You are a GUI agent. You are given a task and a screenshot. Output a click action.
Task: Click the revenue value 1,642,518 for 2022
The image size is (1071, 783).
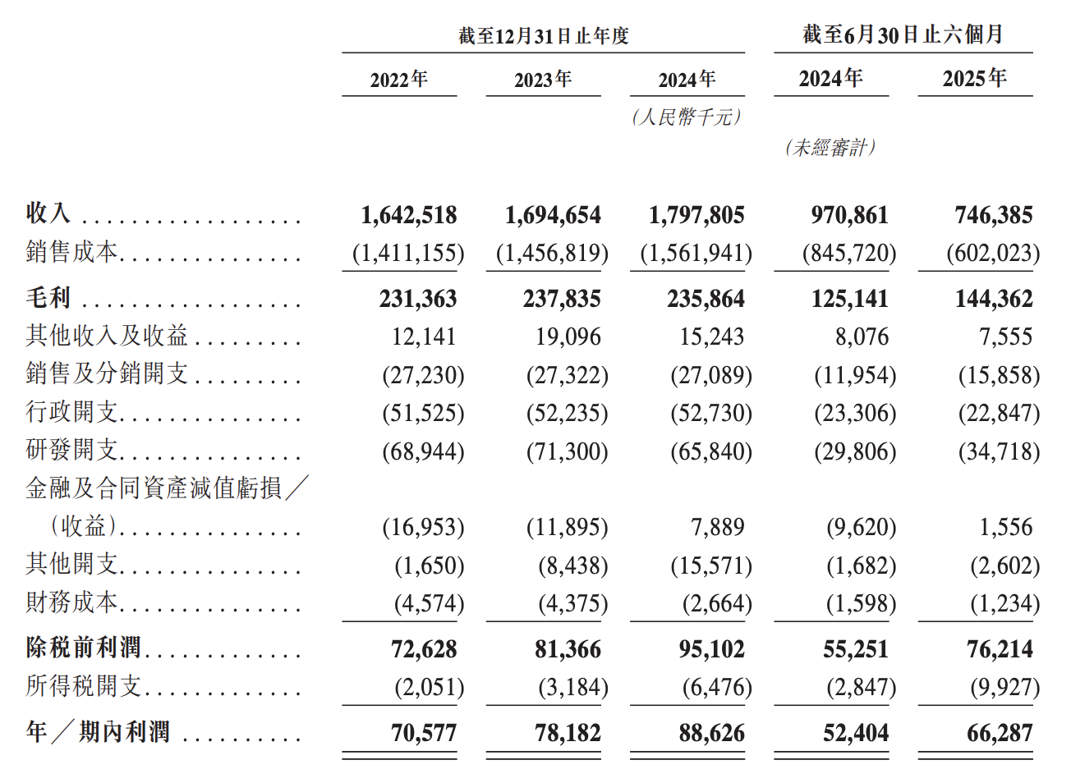pos(408,215)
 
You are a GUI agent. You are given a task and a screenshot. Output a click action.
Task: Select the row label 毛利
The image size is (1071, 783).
pos(48,298)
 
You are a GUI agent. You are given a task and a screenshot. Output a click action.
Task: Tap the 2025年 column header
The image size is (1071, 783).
pos(974,79)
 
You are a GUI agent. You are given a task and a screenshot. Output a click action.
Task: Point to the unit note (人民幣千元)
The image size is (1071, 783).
pos(687,117)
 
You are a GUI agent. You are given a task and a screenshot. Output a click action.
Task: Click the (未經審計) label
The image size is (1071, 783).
pos(830,148)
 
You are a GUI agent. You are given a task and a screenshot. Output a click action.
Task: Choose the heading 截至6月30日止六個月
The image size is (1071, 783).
pos(903,34)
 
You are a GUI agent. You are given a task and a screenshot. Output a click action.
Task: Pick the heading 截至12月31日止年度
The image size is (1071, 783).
pos(543,36)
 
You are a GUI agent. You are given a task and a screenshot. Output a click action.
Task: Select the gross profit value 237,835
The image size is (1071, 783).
pos(562,299)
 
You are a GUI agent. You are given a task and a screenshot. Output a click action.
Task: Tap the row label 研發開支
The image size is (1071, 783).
pos(72,450)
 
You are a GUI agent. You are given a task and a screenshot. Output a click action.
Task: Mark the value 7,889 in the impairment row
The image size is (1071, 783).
pos(717,527)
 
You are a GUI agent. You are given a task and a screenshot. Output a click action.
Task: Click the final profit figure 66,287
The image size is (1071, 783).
pos(1000,733)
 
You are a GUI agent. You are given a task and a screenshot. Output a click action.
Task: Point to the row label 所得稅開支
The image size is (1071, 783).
pos(84,686)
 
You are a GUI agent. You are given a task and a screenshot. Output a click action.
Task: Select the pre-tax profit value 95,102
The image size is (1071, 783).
pos(711,649)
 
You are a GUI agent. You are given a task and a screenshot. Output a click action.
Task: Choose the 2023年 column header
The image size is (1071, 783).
pos(543,80)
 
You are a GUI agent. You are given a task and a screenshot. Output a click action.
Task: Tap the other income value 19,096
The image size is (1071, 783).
pos(568,337)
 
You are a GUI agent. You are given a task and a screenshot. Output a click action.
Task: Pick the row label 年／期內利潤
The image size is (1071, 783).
pos(98,732)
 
